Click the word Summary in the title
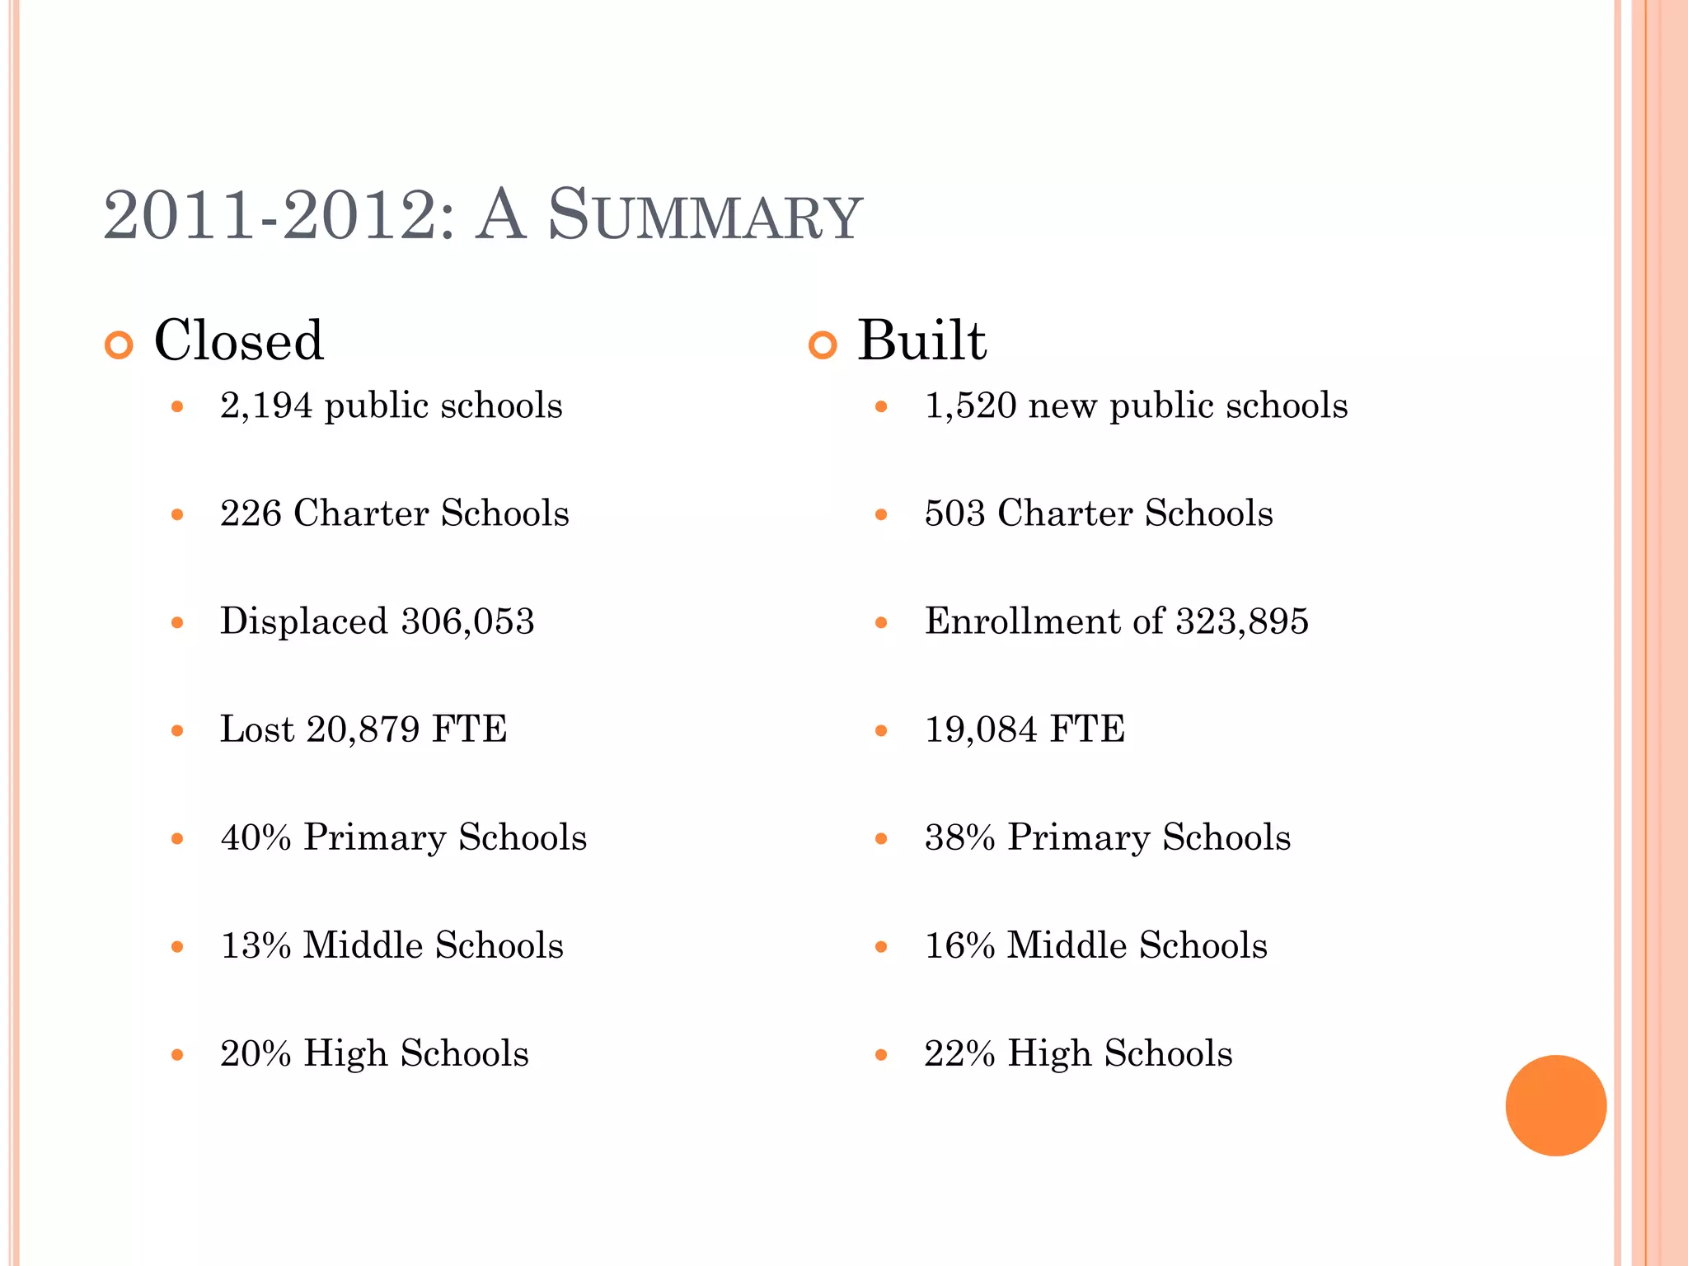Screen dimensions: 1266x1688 705,216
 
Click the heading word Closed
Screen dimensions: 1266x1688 239,340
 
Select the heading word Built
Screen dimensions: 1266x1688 921,340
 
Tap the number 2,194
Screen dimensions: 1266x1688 266,406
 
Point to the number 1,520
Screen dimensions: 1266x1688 970,406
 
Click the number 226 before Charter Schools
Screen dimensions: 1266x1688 251,513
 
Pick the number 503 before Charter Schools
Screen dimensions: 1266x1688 954,513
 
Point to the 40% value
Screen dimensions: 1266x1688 256,837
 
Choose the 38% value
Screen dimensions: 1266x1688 959,837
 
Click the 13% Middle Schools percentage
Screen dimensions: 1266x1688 256,945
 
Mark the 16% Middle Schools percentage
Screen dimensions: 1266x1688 959,945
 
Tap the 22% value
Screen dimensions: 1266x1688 959,1054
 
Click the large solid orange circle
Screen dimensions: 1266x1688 1555,1105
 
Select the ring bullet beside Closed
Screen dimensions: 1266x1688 119,345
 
